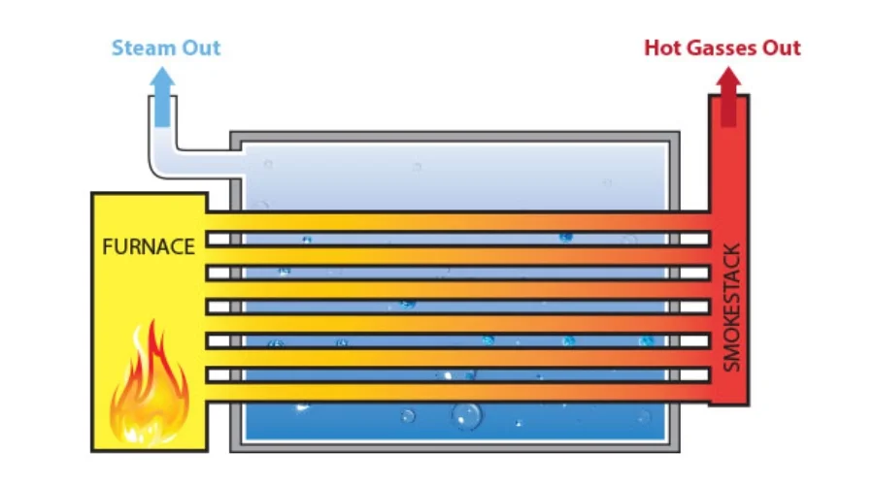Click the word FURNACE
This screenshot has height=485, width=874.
click(149, 246)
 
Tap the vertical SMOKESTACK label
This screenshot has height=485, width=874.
click(732, 307)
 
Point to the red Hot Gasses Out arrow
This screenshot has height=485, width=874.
click(728, 97)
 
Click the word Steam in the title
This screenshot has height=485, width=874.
click(138, 48)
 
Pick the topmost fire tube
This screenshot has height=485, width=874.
click(456, 239)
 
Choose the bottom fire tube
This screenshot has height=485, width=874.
click(456, 374)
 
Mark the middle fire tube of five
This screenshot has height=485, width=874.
click(456, 307)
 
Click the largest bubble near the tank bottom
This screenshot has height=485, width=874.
click(466, 416)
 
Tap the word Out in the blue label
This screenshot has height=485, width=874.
click(204, 48)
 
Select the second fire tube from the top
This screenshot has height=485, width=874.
click(456, 273)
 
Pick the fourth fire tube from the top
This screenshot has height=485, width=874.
click(456, 340)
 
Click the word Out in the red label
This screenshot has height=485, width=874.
click(783, 48)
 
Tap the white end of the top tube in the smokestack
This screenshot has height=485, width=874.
click(694, 239)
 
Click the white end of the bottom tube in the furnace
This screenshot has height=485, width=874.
click(219, 374)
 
